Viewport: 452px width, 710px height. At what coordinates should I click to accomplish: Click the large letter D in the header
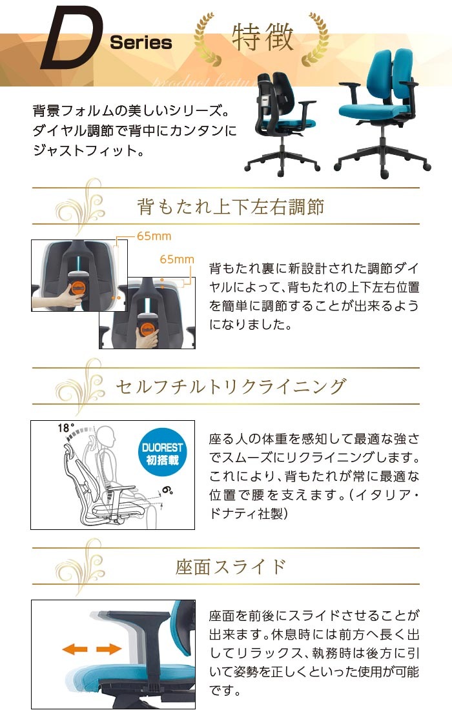(x=68, y=39)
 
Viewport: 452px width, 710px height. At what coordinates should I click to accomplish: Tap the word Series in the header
(x=141, y=43)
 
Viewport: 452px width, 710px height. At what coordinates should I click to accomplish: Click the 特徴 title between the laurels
(x=262, y=37)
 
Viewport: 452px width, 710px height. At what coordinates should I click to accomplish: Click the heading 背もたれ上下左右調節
(x=231, y=207)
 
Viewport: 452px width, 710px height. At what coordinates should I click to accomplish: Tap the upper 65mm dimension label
(x=154, y=236)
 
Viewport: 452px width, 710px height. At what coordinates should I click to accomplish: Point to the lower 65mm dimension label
(x=177, y=259)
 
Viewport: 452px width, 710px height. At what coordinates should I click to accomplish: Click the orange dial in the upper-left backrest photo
(x=75, y=286)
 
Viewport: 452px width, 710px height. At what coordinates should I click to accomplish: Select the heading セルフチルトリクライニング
(x=231, y=386)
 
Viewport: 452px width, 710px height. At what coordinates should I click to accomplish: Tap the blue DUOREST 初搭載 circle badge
(x=162, y=454)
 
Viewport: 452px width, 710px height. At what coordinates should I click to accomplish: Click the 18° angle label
(x=66, y=428)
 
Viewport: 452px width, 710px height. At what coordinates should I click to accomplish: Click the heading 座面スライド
(x=231, y=567)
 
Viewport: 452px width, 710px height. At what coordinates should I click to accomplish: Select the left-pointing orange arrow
(x=74, y=649)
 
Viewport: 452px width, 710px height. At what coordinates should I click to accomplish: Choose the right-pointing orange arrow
(x=109, y=649)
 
